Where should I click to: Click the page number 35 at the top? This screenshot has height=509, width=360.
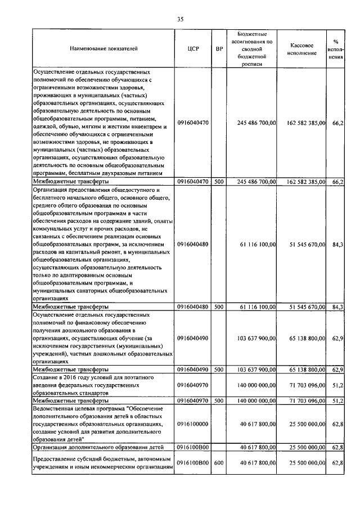[180, 19]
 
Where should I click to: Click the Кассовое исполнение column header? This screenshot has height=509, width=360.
[306, 48]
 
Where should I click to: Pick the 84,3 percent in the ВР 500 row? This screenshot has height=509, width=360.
[338, 307]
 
